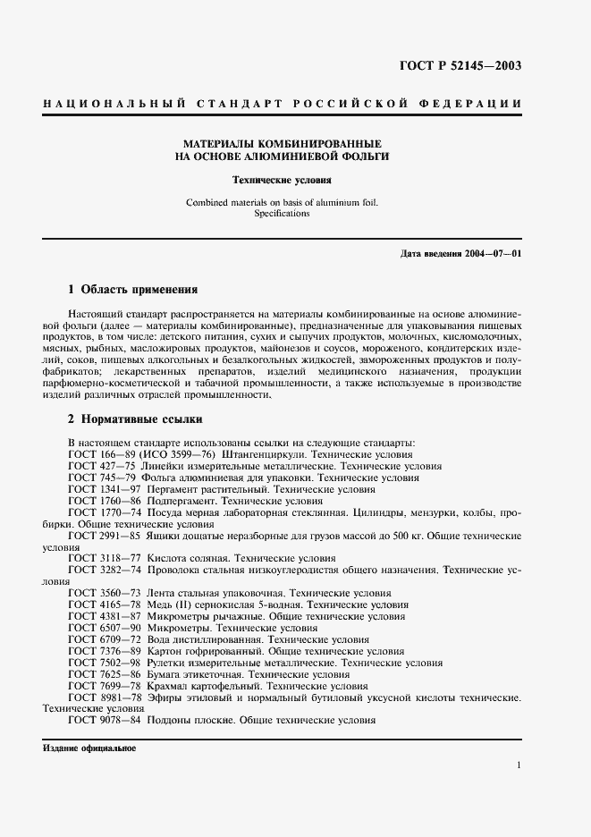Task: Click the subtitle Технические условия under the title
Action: point(282,179)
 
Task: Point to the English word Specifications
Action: point(282,214)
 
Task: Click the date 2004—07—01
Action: point(492,254)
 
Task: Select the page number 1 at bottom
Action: point(519,765)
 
